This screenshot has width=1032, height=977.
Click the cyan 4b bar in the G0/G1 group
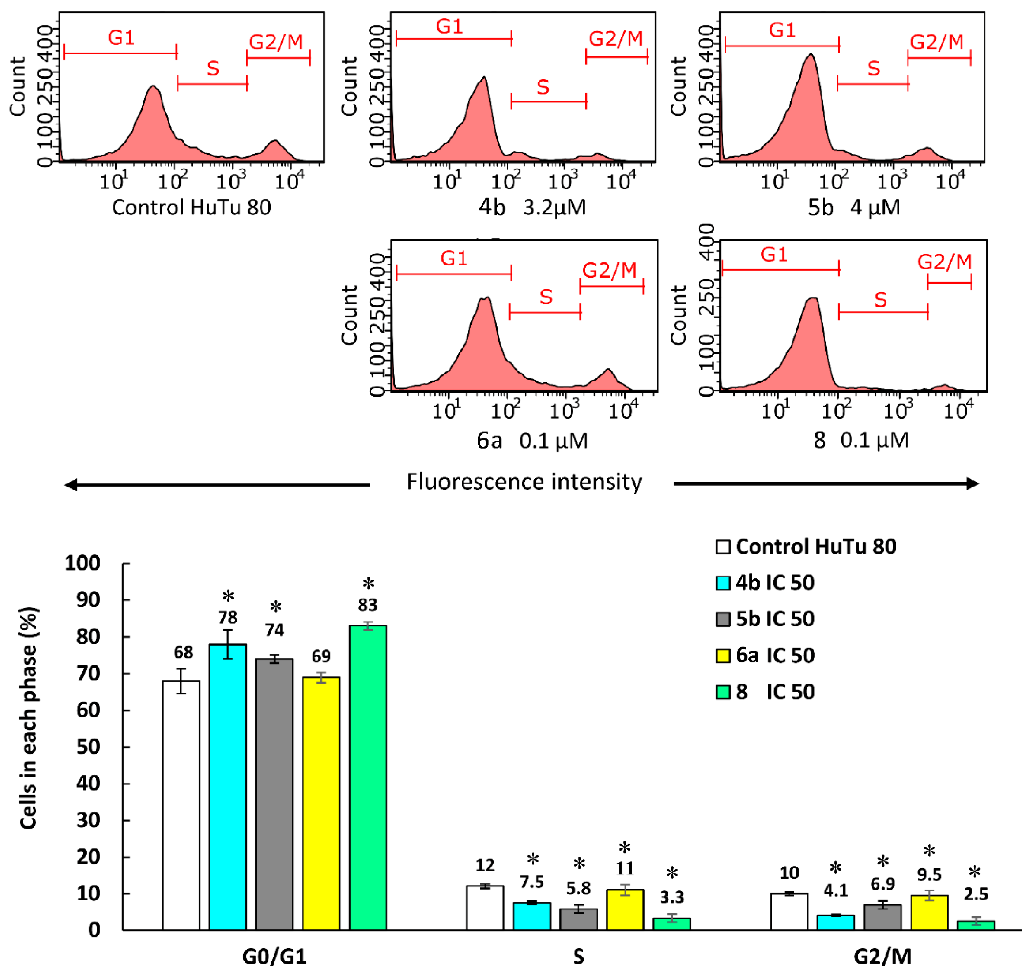point(227,786)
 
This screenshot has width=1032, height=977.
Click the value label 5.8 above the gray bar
point(578,888)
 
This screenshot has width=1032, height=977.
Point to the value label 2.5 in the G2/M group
point(975,894)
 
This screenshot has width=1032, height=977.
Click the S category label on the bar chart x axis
point(578,956)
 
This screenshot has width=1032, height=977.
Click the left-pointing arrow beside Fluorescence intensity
point(216,485)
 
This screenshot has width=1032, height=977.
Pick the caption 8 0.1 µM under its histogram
point(861,441)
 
